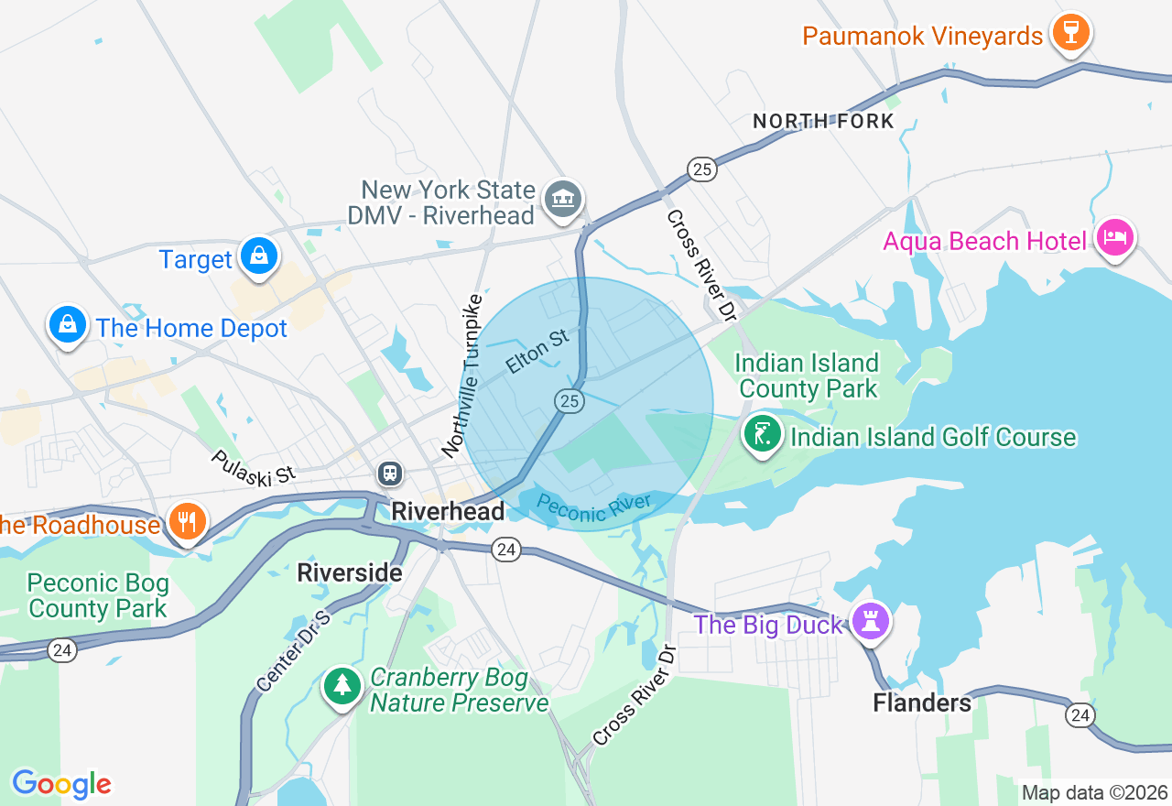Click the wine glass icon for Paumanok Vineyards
point(1070,33)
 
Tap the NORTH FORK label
point(823,121)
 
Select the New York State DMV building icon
point(562,199)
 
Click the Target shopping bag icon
point(259,256)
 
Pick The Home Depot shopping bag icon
point(68,325)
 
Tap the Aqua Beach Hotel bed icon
point(1114,238)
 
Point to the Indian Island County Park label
point(807,376)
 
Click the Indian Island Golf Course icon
point(762,433)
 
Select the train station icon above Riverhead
point(390,474)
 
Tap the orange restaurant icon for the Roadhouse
point(188,522)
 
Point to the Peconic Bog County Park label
point(97,595)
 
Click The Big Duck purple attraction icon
point(868,622)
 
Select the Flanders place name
point(922,703)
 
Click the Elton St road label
point(537,352)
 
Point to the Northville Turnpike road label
point(462,376)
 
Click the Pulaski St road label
point(254,467)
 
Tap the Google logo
point(61,784)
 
